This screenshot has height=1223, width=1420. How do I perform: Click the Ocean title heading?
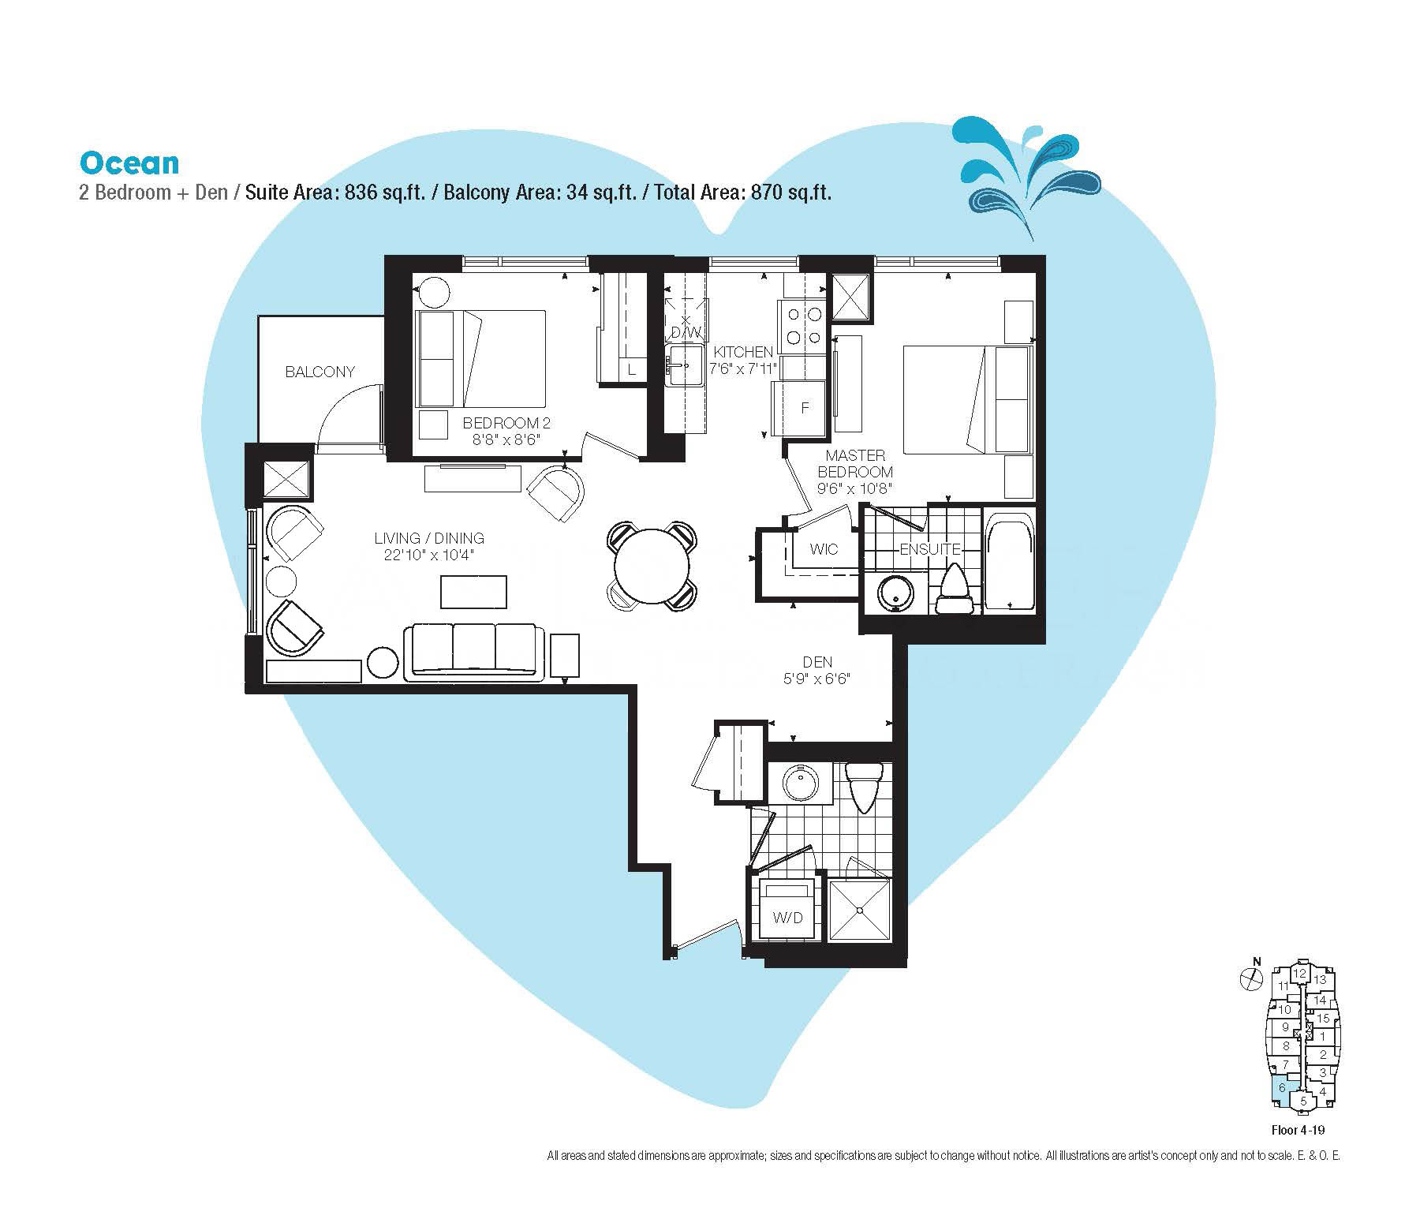point(129,163)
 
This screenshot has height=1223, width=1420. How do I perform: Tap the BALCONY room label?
point(320,372)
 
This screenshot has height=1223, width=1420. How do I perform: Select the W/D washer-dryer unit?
point(787,910)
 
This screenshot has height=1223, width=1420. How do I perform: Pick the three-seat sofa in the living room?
point(473,652)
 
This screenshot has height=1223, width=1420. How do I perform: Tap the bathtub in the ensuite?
point(1009,561)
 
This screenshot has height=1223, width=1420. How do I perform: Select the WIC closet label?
point(824,549)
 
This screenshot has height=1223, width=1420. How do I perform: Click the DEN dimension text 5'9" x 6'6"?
point(816,679)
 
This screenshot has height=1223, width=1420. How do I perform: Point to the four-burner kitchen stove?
point(803,326)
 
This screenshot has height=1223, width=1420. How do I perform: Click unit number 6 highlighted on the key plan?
point(1282,1087)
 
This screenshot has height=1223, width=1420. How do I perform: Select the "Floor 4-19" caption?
point(1298,1130)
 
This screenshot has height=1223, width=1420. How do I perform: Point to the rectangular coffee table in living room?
point(473,592)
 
